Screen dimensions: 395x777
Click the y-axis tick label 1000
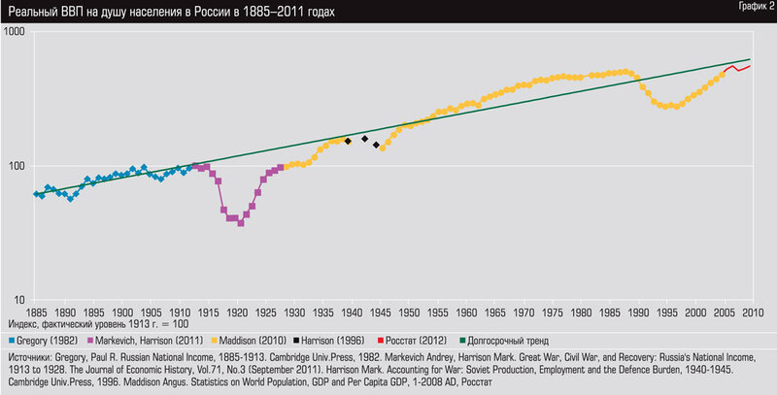click(15, 31)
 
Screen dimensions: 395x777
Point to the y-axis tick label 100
click(17, 165)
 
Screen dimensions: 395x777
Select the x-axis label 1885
click(36, 312)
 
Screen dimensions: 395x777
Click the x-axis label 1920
click(235, 312)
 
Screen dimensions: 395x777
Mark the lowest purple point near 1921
click(240, 223)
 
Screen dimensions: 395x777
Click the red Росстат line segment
click(738, 68)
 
